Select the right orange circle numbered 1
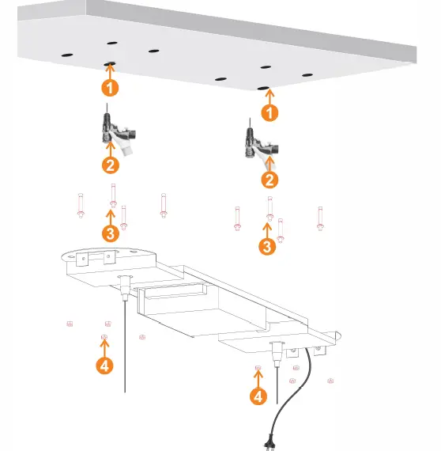pos(270,113)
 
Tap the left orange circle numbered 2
pos(111,165)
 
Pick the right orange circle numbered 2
pos(270,180)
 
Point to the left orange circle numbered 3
pos(111,233)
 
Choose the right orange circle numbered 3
pos(268,246)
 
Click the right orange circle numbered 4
pos(258,396)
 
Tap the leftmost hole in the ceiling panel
pos(67,54)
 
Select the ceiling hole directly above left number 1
pos(111,63)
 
